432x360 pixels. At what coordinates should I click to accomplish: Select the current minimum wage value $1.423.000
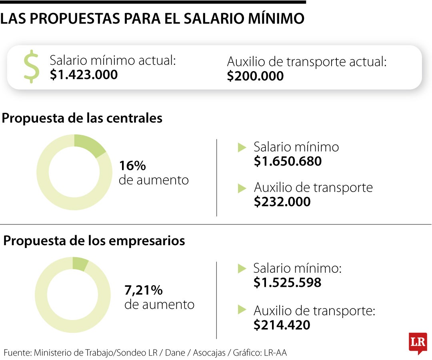click(x=84, y=75)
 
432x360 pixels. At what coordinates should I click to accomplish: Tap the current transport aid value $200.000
click(x=255, y=76)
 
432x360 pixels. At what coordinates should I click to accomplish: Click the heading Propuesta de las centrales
click(x=82, y=118)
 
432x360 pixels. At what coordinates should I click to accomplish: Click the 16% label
click(x=132, y=166)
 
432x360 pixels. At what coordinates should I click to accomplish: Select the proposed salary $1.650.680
click(x=288, y=161)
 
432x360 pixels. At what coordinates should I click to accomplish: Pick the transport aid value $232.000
click(x=282, y=202)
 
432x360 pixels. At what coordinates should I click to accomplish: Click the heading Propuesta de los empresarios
click(x=94, y=241)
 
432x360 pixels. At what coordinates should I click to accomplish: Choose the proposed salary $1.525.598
click(x=287, y=283)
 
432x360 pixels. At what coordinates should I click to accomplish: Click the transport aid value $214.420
click(x=282, y=325)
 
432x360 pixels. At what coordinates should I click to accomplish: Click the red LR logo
click(x=418, y=342)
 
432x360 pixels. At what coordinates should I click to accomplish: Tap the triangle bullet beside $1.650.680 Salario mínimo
click(x=242, y=148)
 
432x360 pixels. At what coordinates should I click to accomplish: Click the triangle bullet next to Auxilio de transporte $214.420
click(x=242, y=310)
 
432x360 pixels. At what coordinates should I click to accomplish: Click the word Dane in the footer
click(x=175, y=353)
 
